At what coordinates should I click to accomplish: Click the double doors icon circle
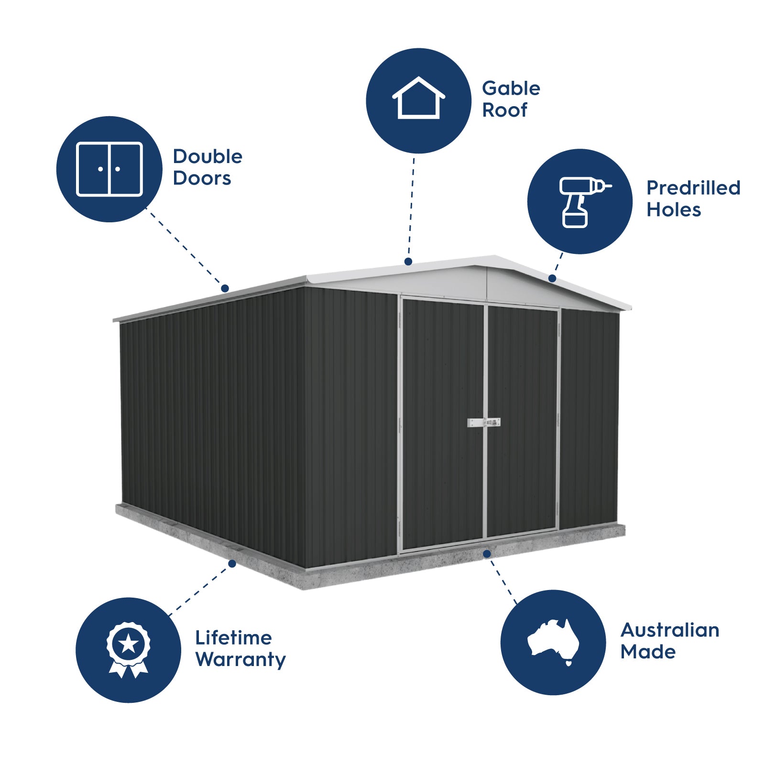(109, 169)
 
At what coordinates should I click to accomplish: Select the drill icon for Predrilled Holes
(580, 201)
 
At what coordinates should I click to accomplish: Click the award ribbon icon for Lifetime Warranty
(128, 650)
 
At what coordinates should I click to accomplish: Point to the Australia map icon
(553, 642)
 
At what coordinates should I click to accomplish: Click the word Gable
(511, 88)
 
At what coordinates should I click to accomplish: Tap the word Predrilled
(693, 188)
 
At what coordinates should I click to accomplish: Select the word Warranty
(240, 660)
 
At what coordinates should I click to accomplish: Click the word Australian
(669, 630)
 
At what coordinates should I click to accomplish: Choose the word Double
(208, 157)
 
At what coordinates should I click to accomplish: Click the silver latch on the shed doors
(483, 423)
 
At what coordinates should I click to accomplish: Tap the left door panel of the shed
(443, 426)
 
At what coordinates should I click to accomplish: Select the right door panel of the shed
(522, 421)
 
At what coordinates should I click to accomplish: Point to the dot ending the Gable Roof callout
(408, 262)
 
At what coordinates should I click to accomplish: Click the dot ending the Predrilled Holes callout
(552, 278)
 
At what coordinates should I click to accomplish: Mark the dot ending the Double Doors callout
(225, 288)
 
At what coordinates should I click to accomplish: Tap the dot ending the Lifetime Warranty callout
(232, 564)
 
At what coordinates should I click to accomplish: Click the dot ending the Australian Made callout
(487, 554)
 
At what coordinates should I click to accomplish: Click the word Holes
(673, 210)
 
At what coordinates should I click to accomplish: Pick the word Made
(647, 652)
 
